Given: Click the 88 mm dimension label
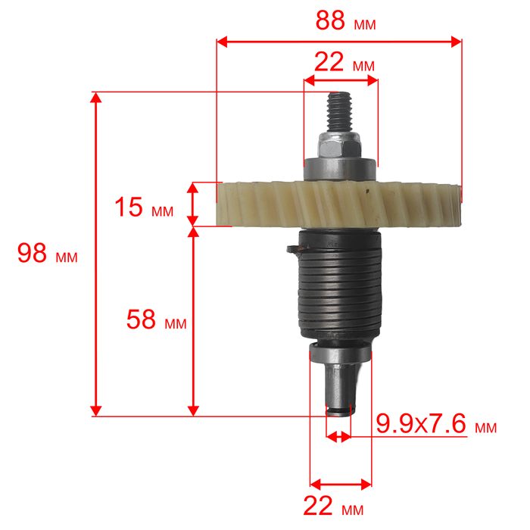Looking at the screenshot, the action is (x=345, y=21).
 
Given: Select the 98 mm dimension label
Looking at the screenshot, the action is (x=47, y=253).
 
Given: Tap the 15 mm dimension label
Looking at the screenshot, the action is (x=144, y=207).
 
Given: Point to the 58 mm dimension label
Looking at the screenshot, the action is (x=156, y=320).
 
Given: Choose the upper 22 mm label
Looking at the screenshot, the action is (x=344, y=63).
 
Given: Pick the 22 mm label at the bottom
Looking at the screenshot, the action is (x=333, y=507).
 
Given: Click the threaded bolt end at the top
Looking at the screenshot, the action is (x=340, y=112).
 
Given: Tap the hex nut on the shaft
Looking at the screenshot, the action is (x=339, y=145).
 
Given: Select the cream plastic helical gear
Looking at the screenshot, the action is (x=338, y=204).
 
